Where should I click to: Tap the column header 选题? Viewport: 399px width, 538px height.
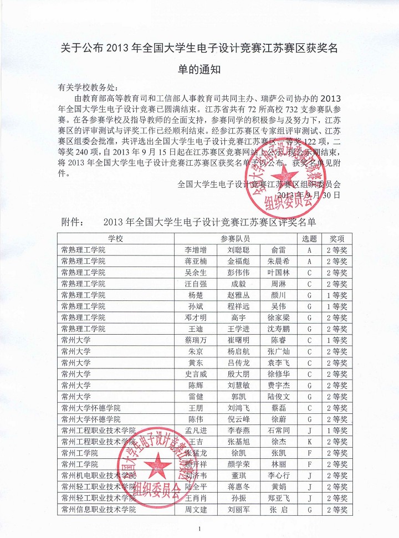[309, 238]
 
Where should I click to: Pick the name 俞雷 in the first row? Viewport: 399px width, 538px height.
[278, 249]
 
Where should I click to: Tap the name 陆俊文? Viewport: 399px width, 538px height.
[278, 397]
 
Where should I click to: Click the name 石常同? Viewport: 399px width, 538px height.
[278, 431]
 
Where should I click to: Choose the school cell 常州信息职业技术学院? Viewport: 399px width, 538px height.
[99, 510]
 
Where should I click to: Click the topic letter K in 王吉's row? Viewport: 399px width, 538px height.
[309, 442]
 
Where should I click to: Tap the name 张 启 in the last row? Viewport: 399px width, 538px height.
[278, 510]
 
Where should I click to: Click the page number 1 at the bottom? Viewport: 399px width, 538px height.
[199, 529]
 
